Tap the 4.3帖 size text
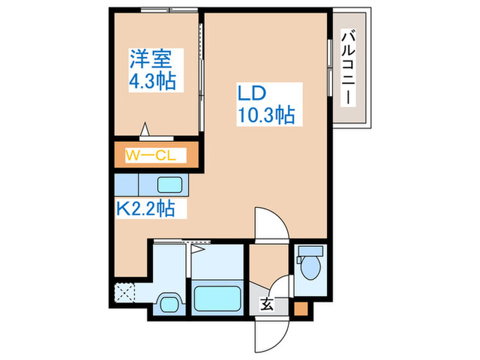[x=154, y=82]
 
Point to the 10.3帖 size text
[x=266, y=115]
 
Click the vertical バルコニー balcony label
[x=348, y=67]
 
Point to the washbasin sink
[x=169, y=303]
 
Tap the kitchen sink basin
[x=169, y=184]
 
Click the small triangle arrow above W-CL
[x=146, y=129]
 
